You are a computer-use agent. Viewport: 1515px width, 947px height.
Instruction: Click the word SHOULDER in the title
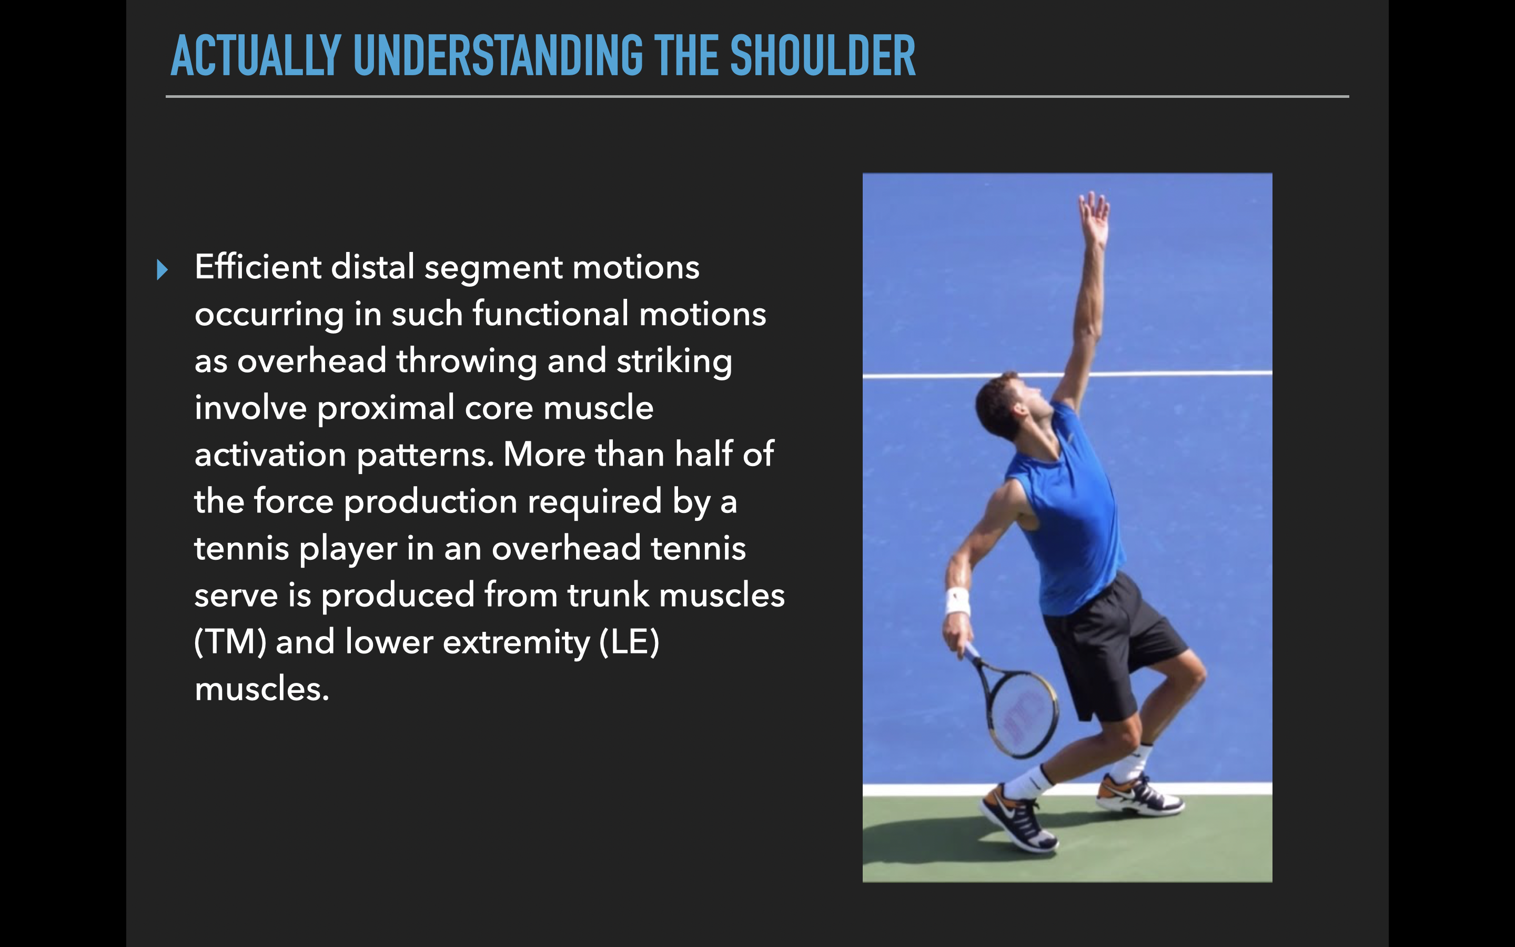822,56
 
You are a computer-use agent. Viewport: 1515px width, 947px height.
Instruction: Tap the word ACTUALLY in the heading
256,56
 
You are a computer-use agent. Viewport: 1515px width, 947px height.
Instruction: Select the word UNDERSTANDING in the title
498,56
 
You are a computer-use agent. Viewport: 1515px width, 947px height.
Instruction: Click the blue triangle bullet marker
162,269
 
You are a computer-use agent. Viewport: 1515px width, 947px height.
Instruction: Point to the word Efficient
257,267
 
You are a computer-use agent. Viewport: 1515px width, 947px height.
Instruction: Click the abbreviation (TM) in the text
230,642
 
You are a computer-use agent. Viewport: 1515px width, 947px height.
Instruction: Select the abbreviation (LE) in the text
629,642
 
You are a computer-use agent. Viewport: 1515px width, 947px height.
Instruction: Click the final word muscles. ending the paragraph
261,689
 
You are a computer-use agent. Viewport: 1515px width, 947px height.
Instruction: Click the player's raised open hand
1094,216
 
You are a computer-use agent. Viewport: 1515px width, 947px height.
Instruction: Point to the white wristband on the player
957,601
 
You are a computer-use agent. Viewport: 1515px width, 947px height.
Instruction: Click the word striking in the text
674,361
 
